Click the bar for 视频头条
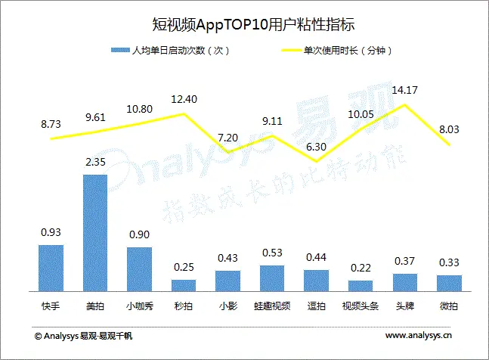[x=361, y=284]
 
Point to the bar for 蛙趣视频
[x=272, y=277]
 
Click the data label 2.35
[x=94, y=161]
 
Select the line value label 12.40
[x=184, y=99]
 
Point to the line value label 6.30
[x=317, y=147]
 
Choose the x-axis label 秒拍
[x=184, y=307]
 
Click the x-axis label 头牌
[x=404, y=307]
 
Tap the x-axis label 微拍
[x=449, y=307]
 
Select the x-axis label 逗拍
[x=316, y=307]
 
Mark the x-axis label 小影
[x=227, y=307]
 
